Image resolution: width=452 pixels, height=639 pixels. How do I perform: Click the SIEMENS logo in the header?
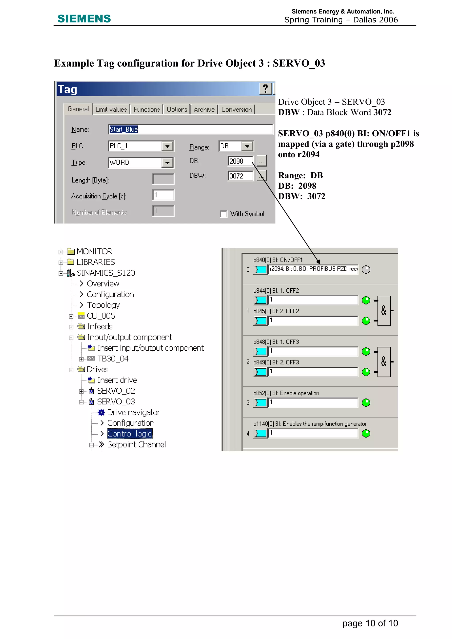click(84, 19)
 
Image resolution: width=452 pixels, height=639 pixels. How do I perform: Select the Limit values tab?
click(111, 109)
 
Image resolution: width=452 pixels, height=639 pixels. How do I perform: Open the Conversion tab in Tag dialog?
click(236, 109)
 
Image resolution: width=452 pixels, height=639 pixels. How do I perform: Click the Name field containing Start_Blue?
click(190, 130)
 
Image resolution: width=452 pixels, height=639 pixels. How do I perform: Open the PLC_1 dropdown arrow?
click(167, 146)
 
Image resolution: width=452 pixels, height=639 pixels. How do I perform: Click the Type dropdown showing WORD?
click(141, 163)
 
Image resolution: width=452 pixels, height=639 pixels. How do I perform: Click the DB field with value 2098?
click(240, 161)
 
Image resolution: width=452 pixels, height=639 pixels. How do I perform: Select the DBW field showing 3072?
click(240, 176)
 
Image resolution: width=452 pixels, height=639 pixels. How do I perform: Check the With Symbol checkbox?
click(224, 214)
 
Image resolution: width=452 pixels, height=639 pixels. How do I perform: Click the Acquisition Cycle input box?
click(163, 195)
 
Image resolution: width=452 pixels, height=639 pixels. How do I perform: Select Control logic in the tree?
click(130, 434)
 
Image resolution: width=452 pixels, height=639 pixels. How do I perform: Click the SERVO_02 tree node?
click(116, 391)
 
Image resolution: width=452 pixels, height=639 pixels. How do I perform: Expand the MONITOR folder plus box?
click(61, 252)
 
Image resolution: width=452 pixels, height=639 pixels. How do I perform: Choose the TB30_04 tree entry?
click(113, 359)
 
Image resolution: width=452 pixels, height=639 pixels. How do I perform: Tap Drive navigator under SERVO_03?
click(133, 412)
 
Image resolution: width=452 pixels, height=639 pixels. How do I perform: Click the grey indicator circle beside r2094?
click(366, 269)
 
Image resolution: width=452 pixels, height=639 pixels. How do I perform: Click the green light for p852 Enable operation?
click(366, 403)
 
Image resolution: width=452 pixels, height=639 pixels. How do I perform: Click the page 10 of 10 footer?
click(370, 623)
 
